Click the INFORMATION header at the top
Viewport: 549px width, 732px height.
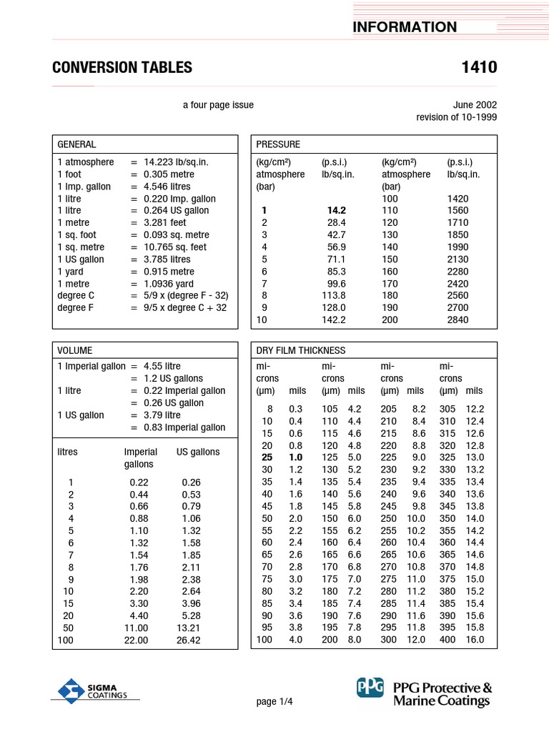[x=404, y=27]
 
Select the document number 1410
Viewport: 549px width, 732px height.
[x=480, y=68]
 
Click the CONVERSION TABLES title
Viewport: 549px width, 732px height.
[x=122, y=68]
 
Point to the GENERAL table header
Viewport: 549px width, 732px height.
[x=76, y=144]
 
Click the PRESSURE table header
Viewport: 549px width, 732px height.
[x=278, y=144]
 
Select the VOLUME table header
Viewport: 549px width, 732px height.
[x=75, y=350]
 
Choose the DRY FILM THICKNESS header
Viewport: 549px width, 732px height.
[x=300, y=350]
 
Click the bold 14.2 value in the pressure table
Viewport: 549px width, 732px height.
[x=335, y=211]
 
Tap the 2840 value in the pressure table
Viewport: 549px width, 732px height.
[x=457, y=320]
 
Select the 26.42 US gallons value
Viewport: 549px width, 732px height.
[x=188, y=640]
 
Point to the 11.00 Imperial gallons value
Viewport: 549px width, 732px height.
[x=136, y=628]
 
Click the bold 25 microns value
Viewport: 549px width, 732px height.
[x=267, y=457]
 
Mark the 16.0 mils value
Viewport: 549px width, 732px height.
[x=475, y=640]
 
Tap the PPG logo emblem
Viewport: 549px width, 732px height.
[x=370, y=688]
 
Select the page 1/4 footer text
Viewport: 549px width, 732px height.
[x=274, y=702]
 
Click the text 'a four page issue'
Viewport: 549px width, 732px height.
[x=218, y=105]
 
